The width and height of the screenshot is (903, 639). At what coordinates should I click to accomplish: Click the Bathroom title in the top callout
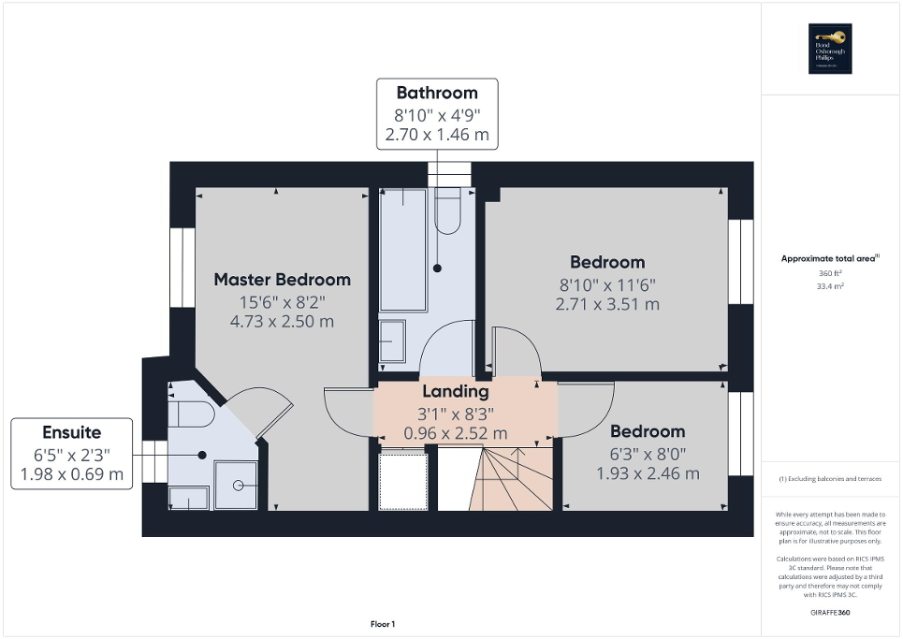437,93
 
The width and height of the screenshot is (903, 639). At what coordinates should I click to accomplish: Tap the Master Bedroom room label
282,279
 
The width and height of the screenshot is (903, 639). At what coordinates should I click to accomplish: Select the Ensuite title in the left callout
71,432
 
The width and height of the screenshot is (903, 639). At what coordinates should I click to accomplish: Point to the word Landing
455,391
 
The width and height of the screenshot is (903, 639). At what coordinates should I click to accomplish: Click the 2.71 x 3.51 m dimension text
609,304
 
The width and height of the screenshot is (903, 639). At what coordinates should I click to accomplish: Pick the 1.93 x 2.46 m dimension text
648,473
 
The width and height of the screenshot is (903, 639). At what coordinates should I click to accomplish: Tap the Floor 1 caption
382,624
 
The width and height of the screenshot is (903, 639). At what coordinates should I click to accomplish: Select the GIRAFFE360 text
830,611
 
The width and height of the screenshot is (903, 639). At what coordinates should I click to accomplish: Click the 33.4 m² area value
830,286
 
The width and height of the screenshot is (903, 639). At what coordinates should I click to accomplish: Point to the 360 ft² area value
830,273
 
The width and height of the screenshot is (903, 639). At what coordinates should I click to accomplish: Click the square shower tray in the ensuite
236,485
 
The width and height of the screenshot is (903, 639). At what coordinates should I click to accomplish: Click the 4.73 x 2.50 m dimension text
282,321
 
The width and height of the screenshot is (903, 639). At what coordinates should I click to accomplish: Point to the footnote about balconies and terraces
830,479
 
